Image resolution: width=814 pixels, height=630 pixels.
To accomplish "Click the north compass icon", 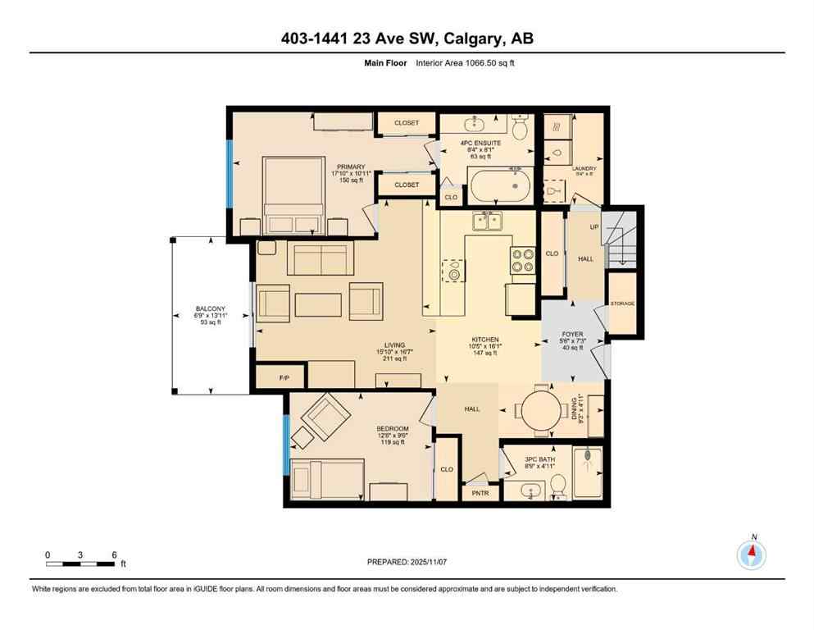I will (751, 555).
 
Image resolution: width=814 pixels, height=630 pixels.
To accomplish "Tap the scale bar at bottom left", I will (80, 563).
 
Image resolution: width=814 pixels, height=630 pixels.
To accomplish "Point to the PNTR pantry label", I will (480, 493).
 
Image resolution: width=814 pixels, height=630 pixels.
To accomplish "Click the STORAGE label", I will (622, 304).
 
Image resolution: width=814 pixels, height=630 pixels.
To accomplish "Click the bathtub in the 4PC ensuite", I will (499, 185).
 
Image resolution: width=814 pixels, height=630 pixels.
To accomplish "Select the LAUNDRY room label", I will (584, 168).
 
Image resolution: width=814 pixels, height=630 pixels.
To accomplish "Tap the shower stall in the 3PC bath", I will (587, 472).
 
